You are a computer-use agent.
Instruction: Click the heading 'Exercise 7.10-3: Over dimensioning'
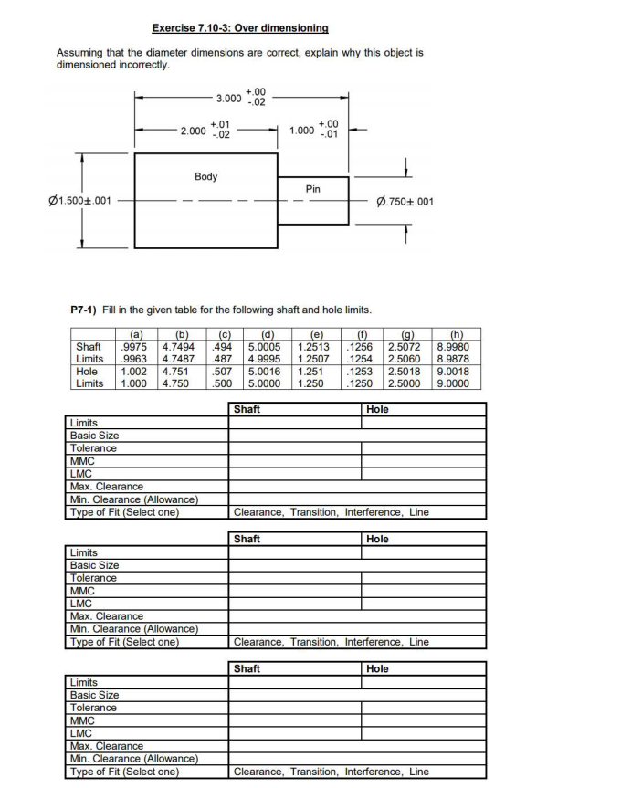[240, 29]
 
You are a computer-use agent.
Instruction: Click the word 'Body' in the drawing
[206, 176]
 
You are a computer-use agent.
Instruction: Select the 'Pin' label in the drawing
[313, 189]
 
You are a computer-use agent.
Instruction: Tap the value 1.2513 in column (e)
[315, 347]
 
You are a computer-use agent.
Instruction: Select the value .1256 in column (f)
[363, 347]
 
